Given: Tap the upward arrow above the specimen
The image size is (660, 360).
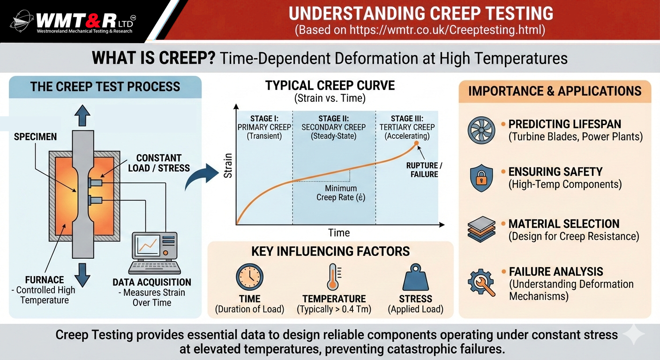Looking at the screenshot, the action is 82,116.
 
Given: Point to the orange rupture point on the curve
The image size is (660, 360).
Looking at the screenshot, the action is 416,143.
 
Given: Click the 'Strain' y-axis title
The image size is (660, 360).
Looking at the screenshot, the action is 228,165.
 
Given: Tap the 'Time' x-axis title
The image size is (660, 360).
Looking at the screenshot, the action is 339,232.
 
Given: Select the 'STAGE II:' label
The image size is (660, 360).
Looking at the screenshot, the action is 334,119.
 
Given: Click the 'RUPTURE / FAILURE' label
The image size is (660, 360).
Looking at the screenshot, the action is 424,170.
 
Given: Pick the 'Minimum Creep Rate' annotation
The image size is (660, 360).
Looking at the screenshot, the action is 341,193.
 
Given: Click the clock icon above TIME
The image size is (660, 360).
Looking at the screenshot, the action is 249,277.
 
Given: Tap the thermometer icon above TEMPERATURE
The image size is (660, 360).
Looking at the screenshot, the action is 334,277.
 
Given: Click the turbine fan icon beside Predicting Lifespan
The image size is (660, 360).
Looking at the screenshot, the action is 481,130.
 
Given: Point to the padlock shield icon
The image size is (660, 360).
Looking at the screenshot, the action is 481,178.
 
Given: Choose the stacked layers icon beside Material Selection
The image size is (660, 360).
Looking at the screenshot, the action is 481,230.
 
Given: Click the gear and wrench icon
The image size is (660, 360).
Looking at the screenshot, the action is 481,282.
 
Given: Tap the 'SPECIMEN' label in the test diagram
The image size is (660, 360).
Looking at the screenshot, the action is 35,137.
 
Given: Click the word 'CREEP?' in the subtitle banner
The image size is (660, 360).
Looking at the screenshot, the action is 187,58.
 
